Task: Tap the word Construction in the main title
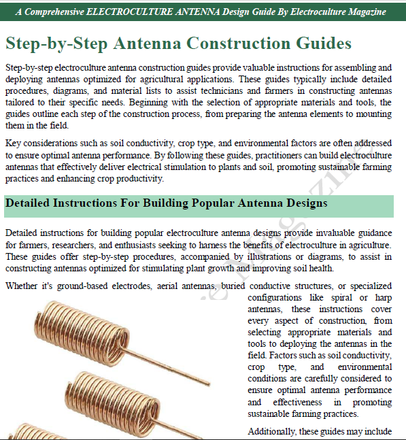click(x=238, y=44)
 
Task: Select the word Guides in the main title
click(x=324, y=44)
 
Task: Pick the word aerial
click(x=167, y=286)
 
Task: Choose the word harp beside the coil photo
click(x=384, y=298)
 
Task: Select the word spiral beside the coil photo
click(x=341, y=298)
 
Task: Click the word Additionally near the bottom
click(x=271, y=431)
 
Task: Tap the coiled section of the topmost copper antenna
click(x=82, y=331)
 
